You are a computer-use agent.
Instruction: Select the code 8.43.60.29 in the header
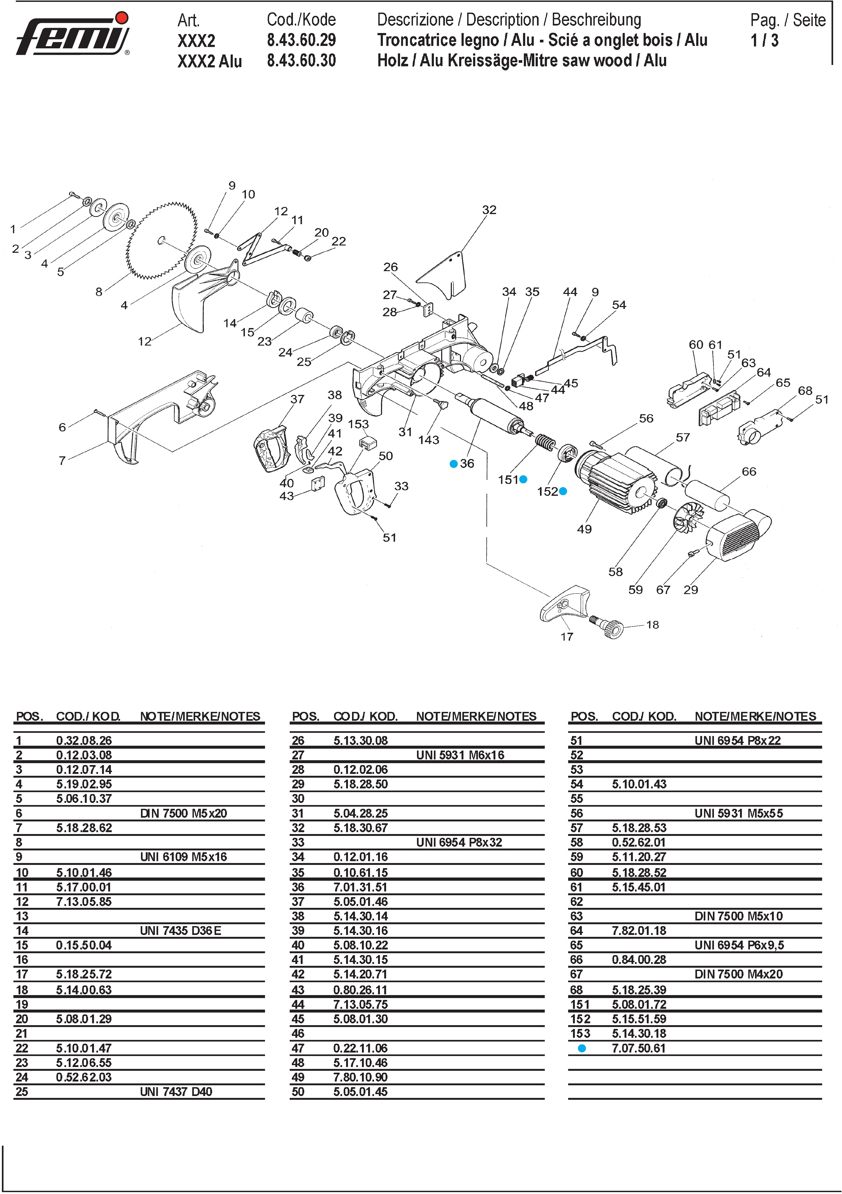(x=301, y=40)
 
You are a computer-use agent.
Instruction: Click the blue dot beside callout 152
(x=563, y=491)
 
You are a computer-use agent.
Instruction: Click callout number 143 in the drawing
(x=429, y=440)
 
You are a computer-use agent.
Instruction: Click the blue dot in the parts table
(x=582, y=1049)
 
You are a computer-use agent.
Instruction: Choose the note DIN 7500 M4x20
(x=739, y=974)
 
